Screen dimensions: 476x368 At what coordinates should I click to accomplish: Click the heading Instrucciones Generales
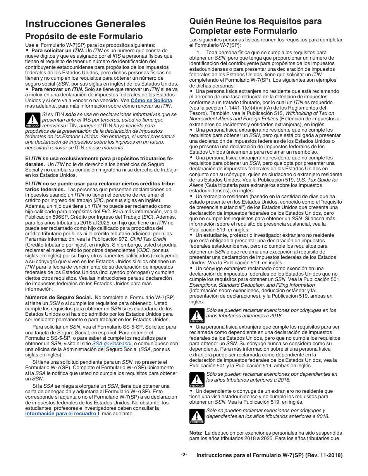coord(85,24)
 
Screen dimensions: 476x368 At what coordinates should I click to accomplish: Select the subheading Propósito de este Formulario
coord(84,36)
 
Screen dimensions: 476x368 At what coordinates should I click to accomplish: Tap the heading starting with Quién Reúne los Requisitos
coord(255,26)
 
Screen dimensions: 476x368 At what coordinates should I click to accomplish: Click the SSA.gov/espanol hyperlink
coord(111,343)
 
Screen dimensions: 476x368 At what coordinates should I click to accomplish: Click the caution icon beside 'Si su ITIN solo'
coord(33,120)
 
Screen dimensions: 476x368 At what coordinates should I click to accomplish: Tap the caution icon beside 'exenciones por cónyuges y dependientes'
coord(197,416)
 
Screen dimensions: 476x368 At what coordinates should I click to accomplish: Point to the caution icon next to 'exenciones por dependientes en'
coord(197,380)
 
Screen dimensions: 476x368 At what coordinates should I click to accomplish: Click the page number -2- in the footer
coord(184,455)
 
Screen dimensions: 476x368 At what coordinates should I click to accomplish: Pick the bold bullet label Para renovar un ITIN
coord(57,89)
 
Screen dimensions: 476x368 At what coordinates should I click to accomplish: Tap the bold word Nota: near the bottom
coord(196,433)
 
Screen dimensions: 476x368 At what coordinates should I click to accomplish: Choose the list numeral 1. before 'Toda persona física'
coord(198,53)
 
